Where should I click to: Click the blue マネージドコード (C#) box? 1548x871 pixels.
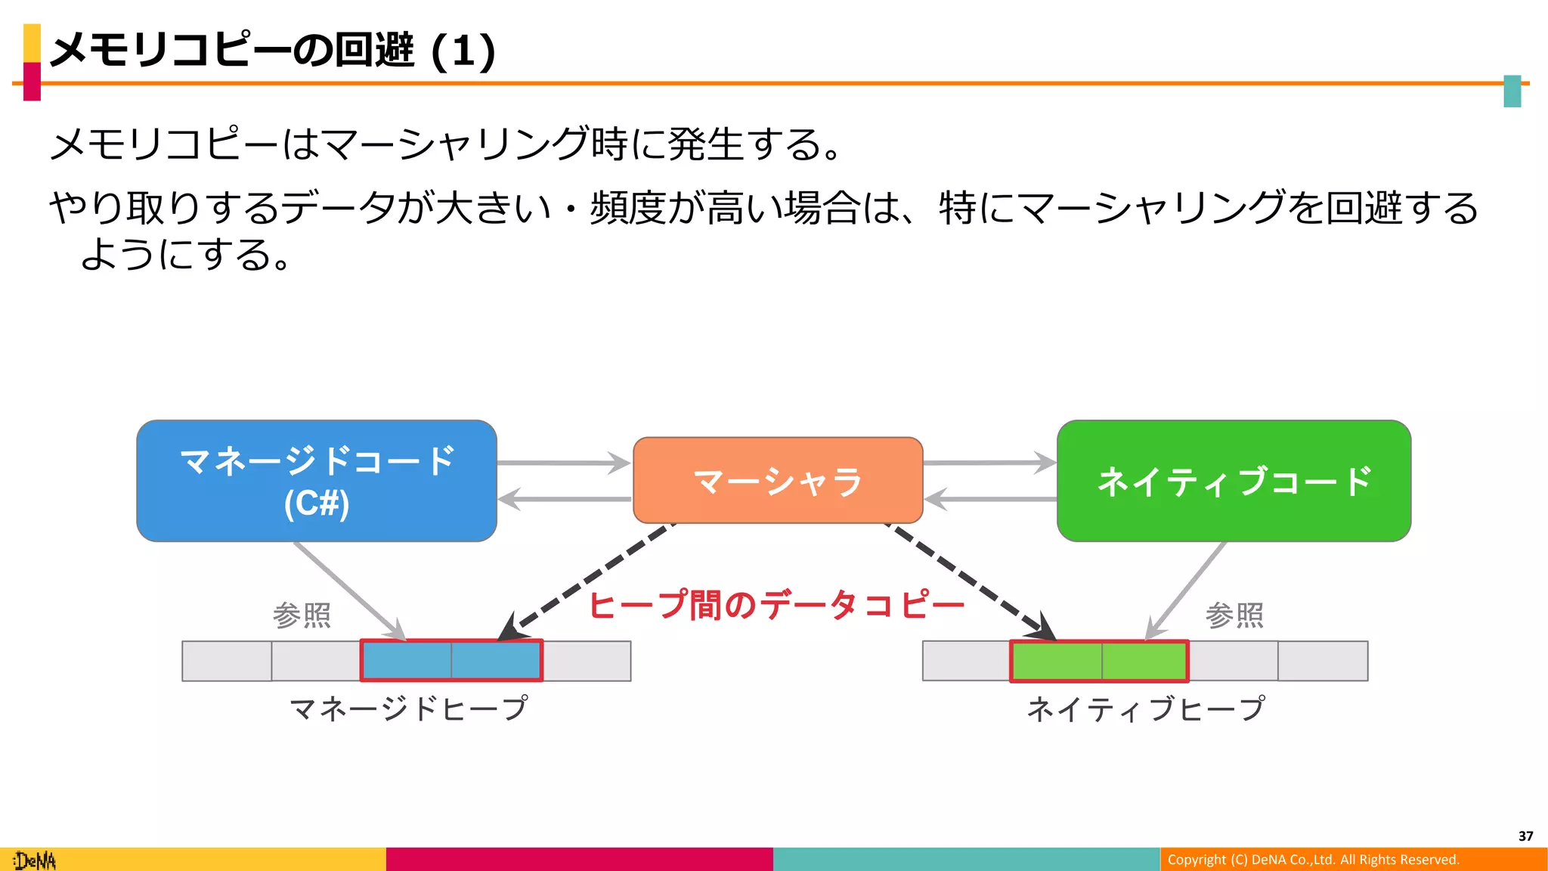tap(317, 481)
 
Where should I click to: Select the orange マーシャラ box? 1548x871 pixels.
tap(778, 481)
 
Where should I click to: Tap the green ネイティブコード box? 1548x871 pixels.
tap(1234, 481)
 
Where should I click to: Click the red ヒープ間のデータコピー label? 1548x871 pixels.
tap(776, 606)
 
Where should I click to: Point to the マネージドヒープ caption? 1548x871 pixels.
tap(408, 709)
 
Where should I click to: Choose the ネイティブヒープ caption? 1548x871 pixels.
tap(1145, 709)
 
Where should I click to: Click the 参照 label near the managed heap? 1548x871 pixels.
tap(302, 615)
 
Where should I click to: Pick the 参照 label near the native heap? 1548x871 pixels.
tap(1234, 615)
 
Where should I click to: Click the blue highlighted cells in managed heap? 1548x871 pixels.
tap(451, 661)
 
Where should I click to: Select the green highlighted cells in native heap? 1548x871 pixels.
tap(1100, 661)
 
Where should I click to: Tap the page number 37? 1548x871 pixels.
tap(1525, 836)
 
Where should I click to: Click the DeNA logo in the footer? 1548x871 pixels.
tap(35, 860)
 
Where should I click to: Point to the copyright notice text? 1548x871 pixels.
tap(1313, 860)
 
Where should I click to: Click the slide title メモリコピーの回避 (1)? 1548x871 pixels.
tap(272, 51)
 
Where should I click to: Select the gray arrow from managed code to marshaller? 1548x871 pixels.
tap(563, 463)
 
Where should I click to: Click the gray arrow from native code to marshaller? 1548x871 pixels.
tap(990, 499)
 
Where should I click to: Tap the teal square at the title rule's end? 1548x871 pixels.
tap(1512, 91)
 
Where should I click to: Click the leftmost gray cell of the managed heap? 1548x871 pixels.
tap(227, 661)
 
